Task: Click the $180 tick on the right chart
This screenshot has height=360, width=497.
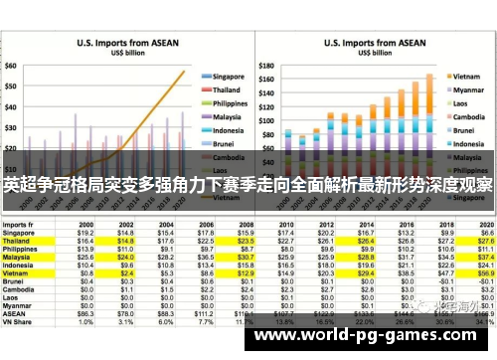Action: point(265,43)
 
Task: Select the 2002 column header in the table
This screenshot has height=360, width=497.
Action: point(126,224)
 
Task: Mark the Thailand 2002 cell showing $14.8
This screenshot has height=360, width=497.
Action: point(126,240)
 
